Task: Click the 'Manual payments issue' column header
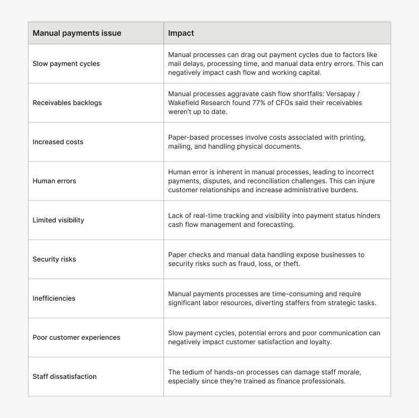(77, 33)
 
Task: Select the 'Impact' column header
(181, 33)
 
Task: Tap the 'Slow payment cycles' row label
(66, 64)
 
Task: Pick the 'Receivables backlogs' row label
(67, 103)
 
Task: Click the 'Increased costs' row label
(58, 142)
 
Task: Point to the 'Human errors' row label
(54, 181)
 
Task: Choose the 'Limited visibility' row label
(59, 220)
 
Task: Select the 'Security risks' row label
(54, 259)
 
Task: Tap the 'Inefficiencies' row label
(54, 298)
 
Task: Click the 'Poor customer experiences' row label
(76, 338)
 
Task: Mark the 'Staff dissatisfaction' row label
(65, 377)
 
